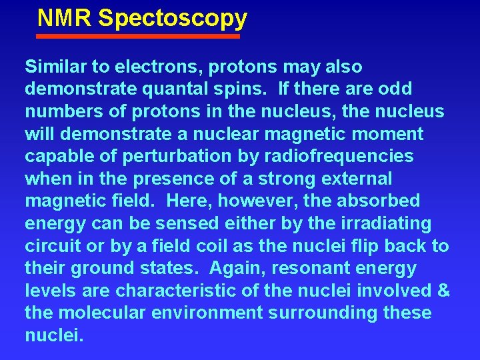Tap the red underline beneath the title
[138, 37]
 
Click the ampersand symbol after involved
[443, 291]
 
